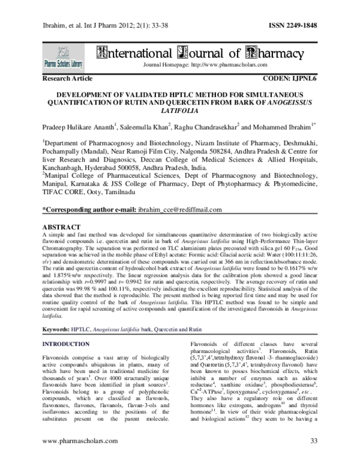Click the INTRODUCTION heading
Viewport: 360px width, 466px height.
[x=67, y=345]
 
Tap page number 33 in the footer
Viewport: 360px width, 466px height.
[x=313, y=458]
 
